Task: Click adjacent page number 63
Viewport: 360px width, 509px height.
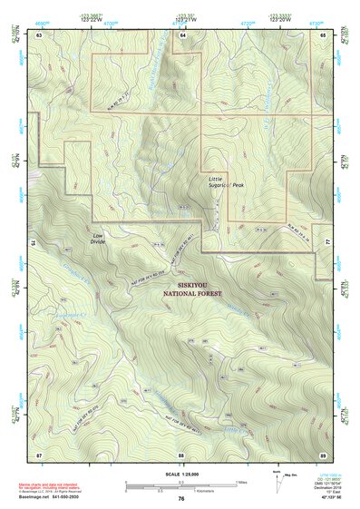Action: pyautogui.click(x=38, y=34)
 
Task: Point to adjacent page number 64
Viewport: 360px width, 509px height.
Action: pyautogui.click(x=182, y=34)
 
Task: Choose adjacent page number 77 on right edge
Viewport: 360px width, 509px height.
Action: pyautogui.click(x=327, y=244)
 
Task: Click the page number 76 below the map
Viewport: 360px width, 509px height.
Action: pyautogui.click(x=181, y=498)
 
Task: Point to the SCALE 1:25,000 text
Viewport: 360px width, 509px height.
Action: pyautogui.click(x=181, y=473)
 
